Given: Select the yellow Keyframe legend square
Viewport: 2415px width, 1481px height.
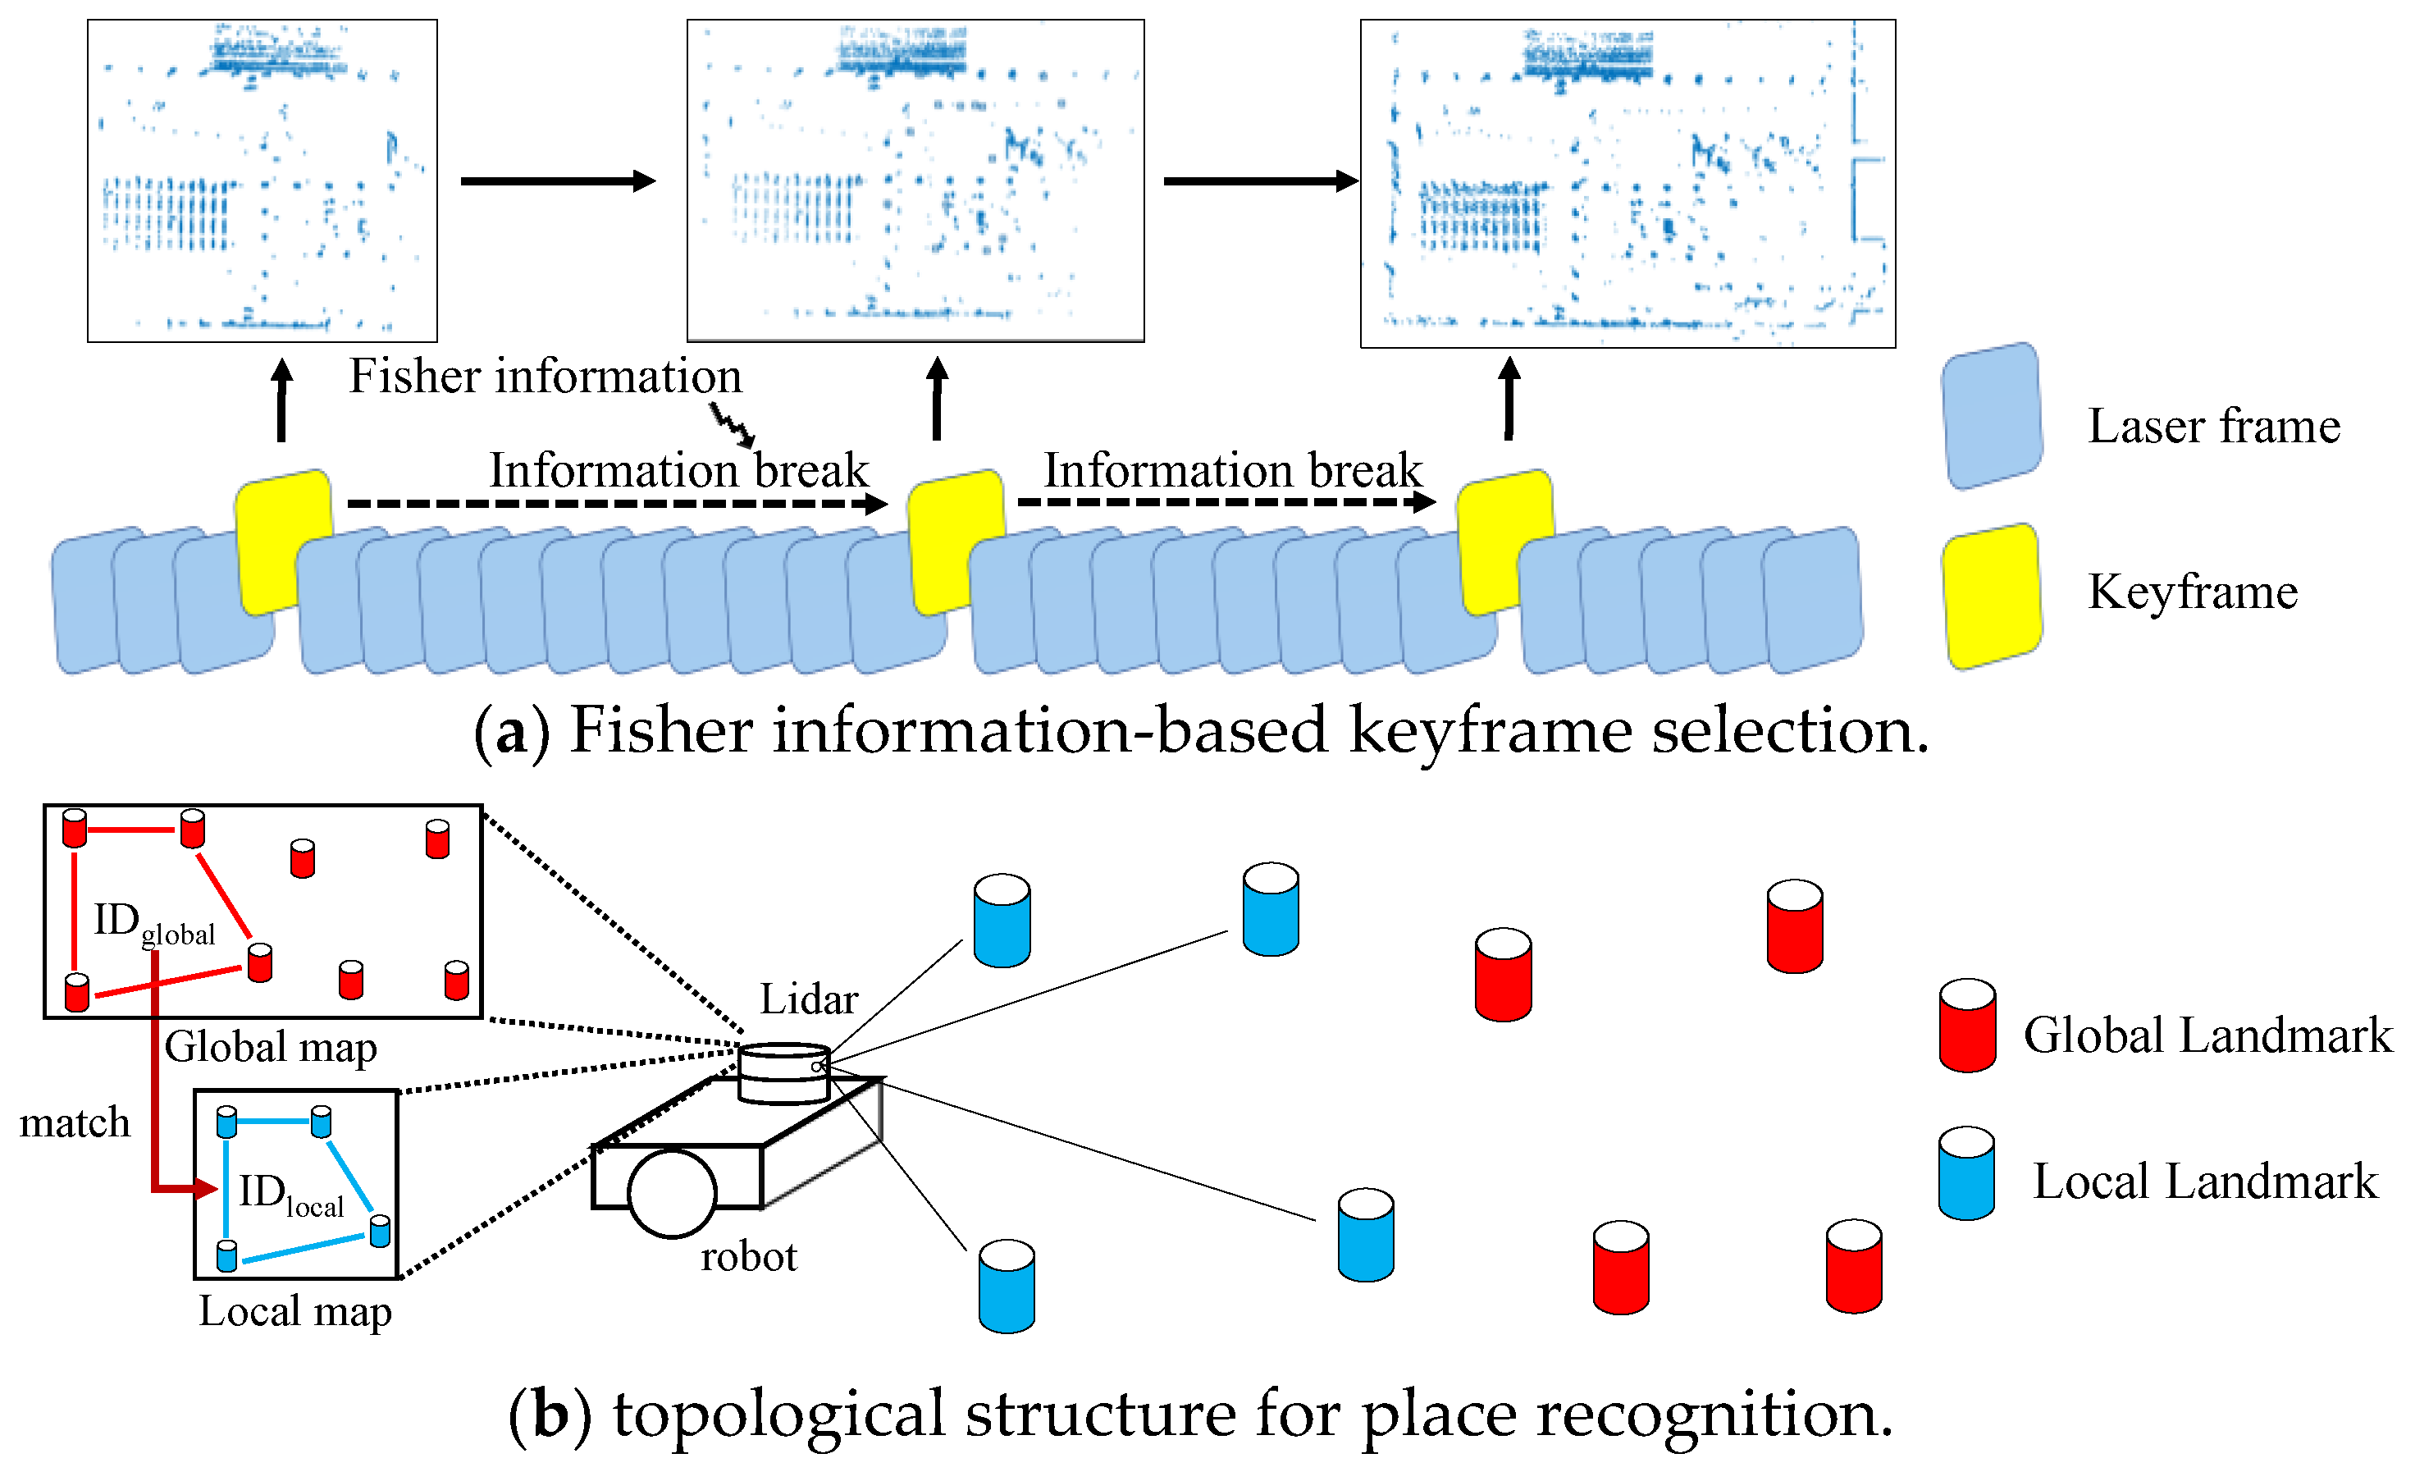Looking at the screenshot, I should [1992, 597].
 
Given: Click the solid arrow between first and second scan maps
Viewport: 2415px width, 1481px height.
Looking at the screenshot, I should [557, 181].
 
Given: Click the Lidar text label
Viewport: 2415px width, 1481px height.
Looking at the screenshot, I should [809, 999].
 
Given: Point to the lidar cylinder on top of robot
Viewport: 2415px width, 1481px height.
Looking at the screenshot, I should [783, 1074].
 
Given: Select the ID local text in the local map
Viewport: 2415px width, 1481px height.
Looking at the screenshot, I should [290, 1194].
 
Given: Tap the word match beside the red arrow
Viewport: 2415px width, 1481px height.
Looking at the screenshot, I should [75, 1122].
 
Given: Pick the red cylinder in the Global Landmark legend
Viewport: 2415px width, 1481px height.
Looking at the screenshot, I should [1966, 1026].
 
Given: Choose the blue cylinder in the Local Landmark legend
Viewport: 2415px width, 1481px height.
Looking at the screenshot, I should [1966, 1173].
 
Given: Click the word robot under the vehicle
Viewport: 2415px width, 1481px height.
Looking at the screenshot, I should [749, 1256].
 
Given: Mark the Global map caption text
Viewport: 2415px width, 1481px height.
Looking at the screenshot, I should [270, 1047].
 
